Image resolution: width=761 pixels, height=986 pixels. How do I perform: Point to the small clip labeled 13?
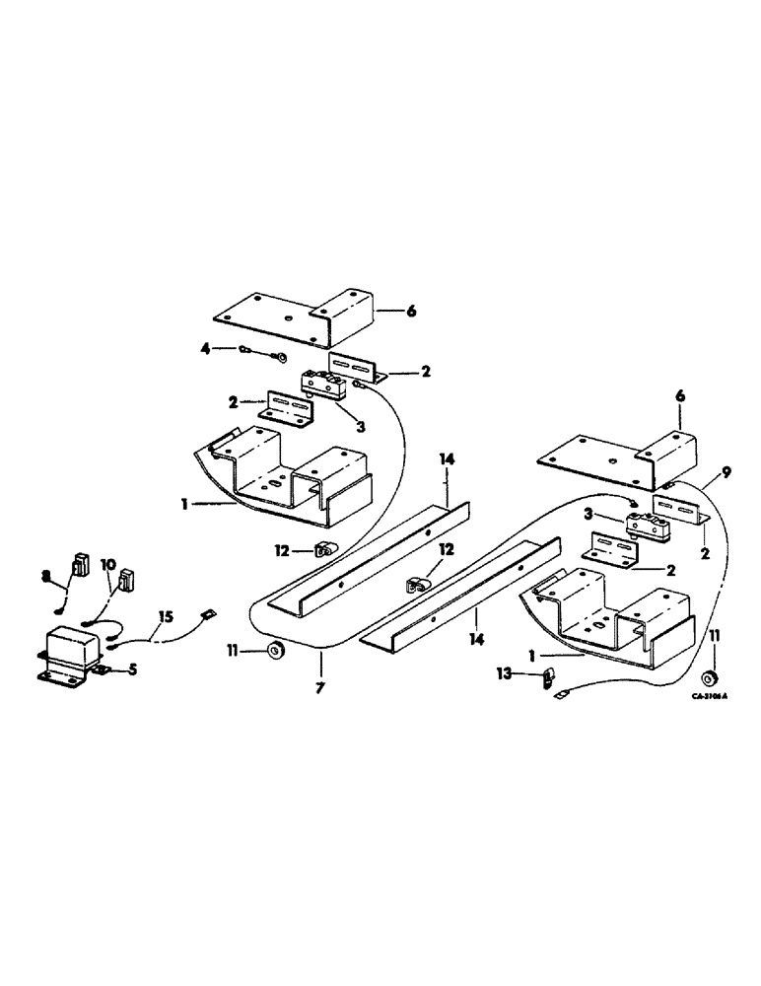point(551,677)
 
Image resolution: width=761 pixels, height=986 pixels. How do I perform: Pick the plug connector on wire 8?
point(80,566)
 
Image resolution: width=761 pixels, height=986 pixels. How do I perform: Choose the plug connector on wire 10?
point(126,579)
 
